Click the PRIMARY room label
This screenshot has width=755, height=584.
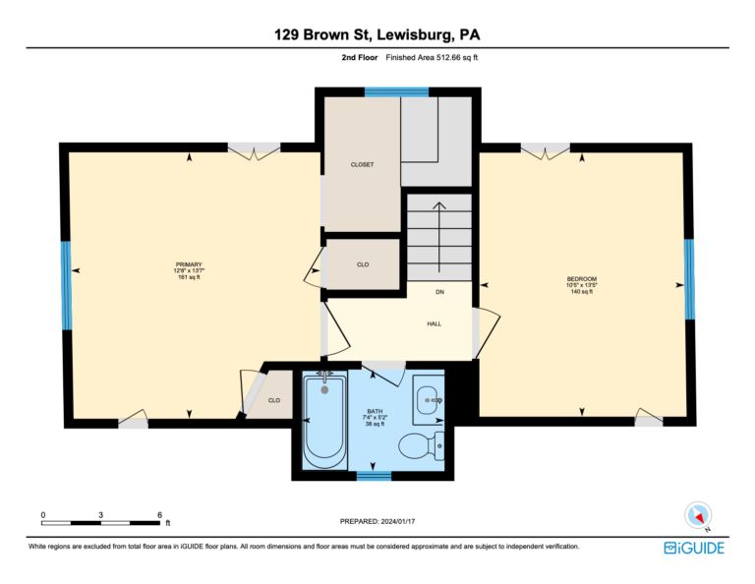coord(189,264)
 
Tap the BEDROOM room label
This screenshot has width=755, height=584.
coord(582,279)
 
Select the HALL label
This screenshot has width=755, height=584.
coord(434,324)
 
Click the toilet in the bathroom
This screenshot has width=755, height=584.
coord(423,445)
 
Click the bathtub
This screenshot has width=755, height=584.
coord(324,421)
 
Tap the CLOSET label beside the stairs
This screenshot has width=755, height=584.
coord(362,164)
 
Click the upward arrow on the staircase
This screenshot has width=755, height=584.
coord(439,237)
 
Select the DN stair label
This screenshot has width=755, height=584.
coord(439,292)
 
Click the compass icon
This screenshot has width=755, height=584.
coord(698,515)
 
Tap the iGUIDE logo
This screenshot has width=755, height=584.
coord(694,548)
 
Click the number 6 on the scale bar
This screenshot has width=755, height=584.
coord(159,514)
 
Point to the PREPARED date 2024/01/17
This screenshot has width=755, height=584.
coord(398,521)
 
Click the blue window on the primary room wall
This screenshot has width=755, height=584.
coord(66,285)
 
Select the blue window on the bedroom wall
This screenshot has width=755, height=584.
coord(689,279)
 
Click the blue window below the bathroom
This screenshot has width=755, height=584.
coord(374,476)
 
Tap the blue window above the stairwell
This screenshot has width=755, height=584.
coord(396,92)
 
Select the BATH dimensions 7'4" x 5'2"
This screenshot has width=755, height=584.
coord(375,418)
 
